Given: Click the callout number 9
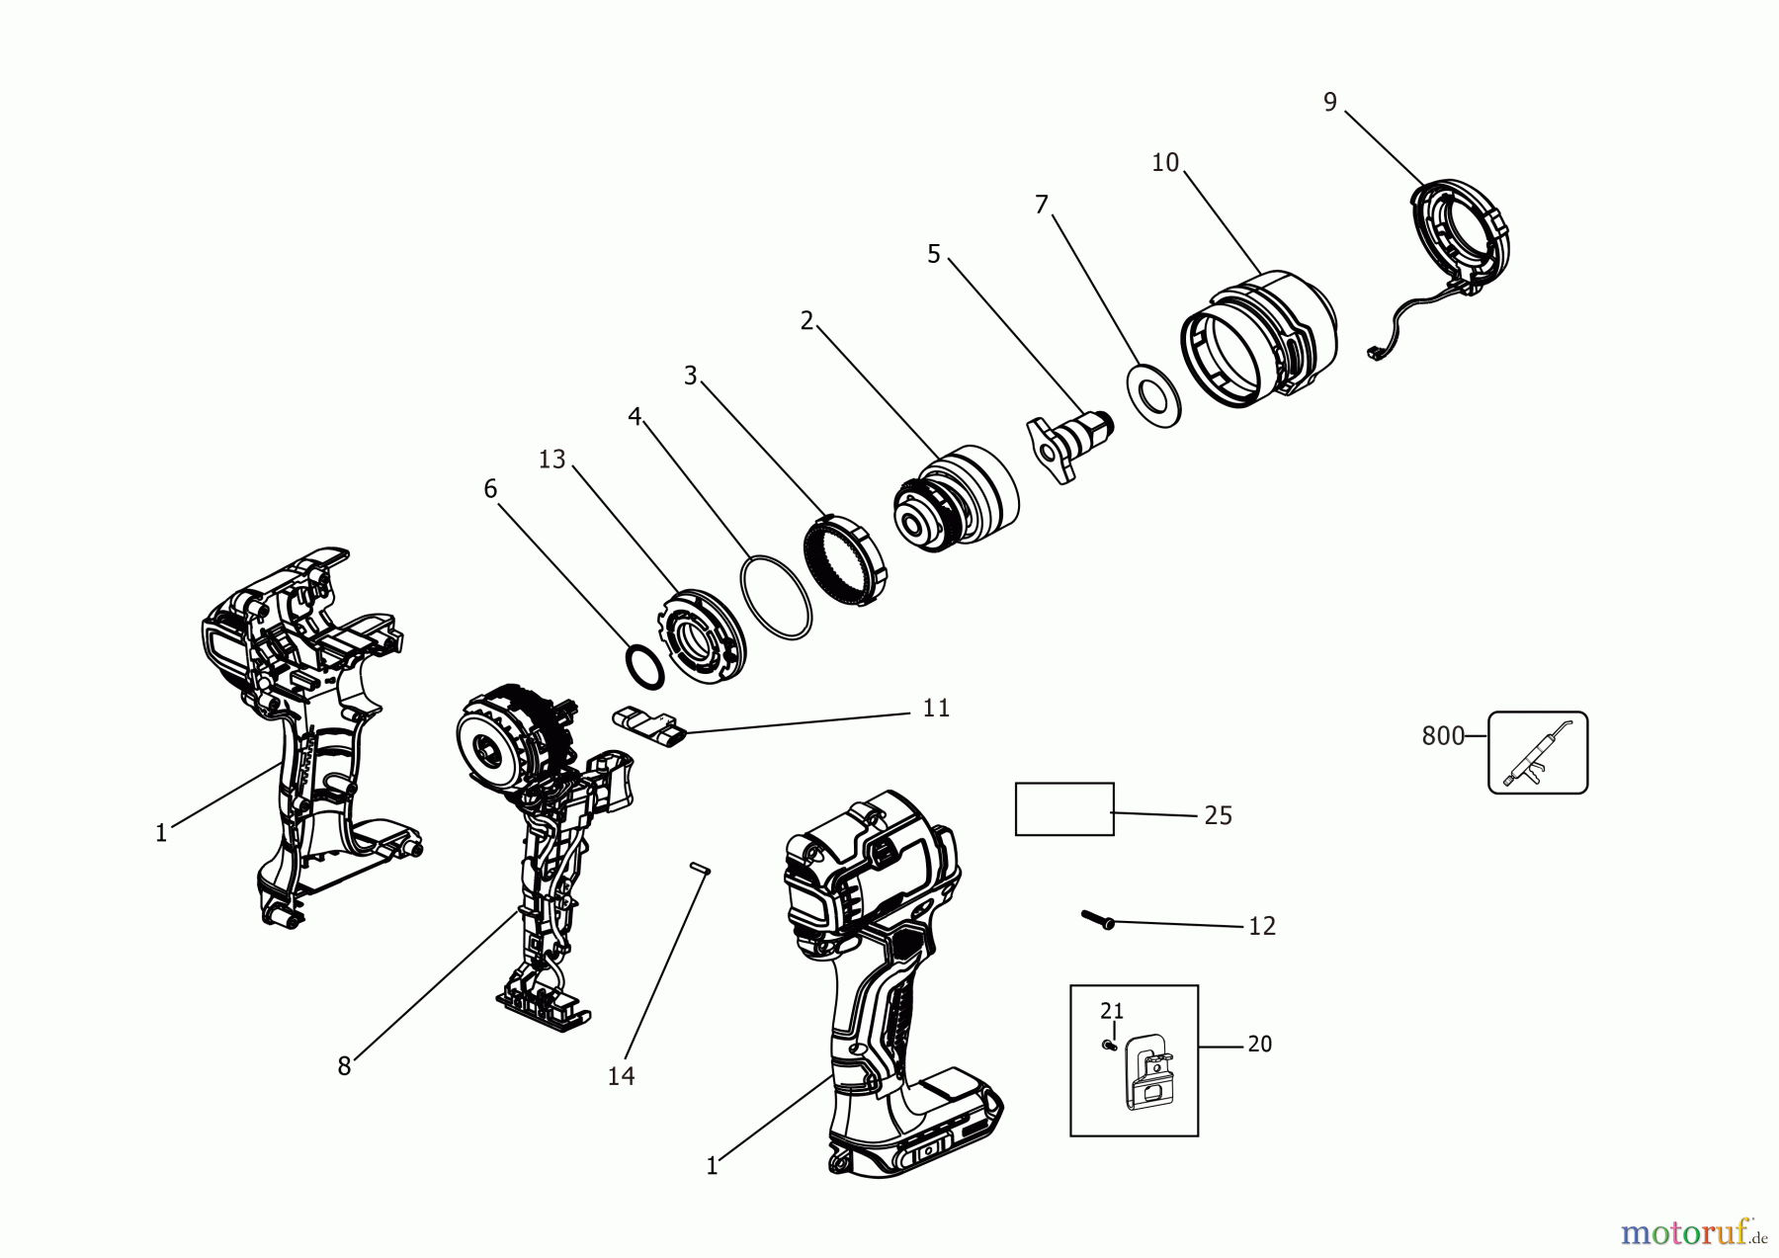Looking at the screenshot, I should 1329,102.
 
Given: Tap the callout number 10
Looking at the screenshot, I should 1165,163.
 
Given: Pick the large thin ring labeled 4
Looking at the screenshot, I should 776,599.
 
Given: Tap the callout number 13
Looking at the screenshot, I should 551,460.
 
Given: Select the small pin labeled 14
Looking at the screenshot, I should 700,868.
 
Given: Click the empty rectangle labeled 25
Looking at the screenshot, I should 1064,809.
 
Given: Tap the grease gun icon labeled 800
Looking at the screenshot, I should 1538,752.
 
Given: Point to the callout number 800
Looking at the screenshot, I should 1442,736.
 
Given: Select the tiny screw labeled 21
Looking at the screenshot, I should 1110,1045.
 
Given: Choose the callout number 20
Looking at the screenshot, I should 1259,1045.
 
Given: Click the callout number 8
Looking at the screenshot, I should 344,1067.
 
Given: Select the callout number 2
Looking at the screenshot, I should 806,321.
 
